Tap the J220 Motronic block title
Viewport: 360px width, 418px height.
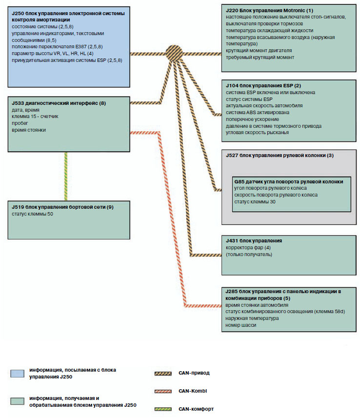pos(269,10)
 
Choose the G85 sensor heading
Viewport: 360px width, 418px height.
pos(288,181)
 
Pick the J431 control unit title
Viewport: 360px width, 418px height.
pos(254,241)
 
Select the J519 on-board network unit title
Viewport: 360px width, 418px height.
pos(63,207)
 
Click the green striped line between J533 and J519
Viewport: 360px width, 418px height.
pos(65,176)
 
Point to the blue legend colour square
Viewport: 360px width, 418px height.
pos(16,374)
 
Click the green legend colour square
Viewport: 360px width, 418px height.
pos(16,401)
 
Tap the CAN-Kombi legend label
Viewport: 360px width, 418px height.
pos(193,391)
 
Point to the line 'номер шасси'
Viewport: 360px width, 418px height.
pos(240,325)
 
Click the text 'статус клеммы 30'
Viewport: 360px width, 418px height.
pos(255,201)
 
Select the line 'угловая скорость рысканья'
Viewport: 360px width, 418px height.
pos(258,133)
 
